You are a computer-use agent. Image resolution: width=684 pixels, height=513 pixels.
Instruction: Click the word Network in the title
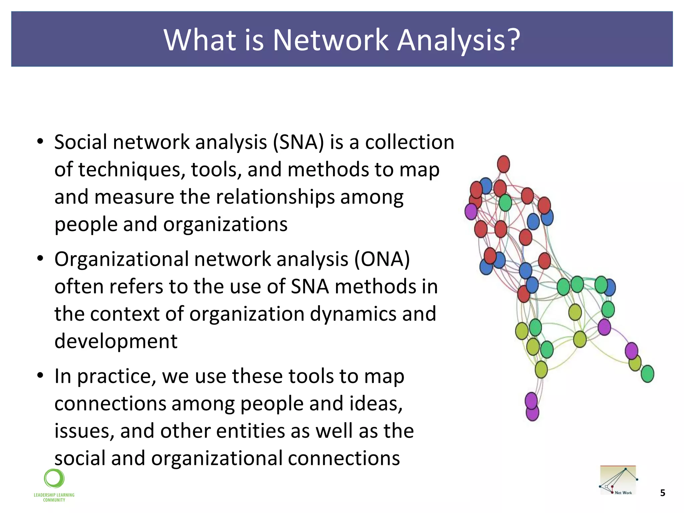click(331, 40)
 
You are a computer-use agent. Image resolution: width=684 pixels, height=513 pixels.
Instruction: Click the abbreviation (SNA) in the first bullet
click(298, 142)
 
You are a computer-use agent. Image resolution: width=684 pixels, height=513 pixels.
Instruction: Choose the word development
click(116, 341)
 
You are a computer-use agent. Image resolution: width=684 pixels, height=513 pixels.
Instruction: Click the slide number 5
click(663, 493)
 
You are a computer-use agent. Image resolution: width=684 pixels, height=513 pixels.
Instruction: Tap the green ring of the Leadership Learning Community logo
click(54, 478)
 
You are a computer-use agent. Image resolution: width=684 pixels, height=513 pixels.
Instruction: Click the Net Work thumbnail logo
click(618, 480)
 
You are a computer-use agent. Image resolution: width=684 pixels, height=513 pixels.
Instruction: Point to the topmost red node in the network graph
click(503, 164)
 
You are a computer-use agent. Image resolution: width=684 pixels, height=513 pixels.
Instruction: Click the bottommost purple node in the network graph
click(532, 413)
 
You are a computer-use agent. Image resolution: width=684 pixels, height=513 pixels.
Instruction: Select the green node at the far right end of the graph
click(647, 374)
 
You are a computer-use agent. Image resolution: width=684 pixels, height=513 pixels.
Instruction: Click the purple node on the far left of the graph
click(471, 211)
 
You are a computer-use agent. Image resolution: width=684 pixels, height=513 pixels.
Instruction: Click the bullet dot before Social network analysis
click(40, 142)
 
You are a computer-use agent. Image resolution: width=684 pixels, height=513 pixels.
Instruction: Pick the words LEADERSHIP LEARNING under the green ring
click(54, 495)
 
